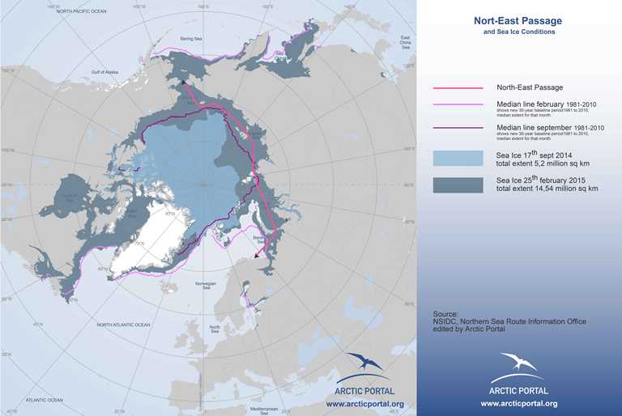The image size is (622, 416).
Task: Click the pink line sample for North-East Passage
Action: [x=458, y=87]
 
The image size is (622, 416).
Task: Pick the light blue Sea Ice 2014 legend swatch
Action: [x=458, y=157]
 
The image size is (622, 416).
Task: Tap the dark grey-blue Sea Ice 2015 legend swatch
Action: [x=458, y=185]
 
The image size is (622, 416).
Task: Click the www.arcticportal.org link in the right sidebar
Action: [x=518, y=402]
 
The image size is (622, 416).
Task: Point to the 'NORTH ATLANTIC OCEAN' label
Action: [x=123, y=325]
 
